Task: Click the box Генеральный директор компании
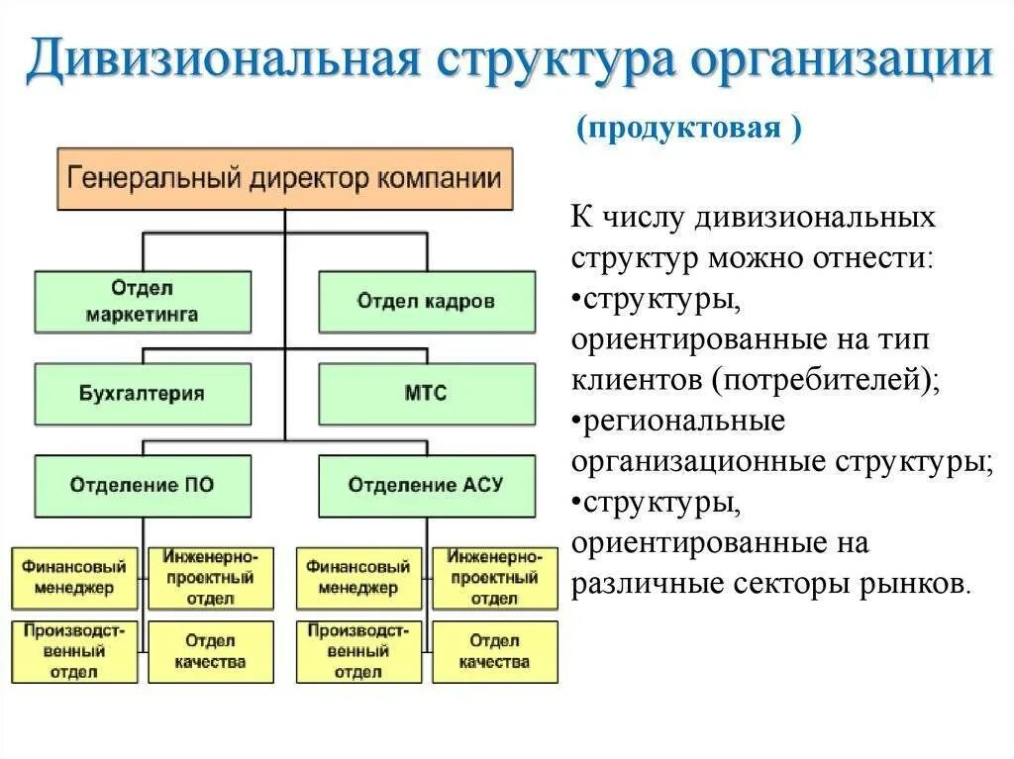coord(285,179)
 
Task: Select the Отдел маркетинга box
coord(142,301)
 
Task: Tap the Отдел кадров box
coord(426,301)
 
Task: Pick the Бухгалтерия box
coord(142,393)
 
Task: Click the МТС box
coord(426,393)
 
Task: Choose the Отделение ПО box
coord(142,485)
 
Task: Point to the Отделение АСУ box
coord(426,485)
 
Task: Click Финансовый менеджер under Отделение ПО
coord(75,578)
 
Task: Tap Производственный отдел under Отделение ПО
coord(75,651)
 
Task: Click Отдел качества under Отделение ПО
coord(210,651)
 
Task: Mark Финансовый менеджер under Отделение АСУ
coord(357,578)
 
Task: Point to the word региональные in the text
coord(683,421)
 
